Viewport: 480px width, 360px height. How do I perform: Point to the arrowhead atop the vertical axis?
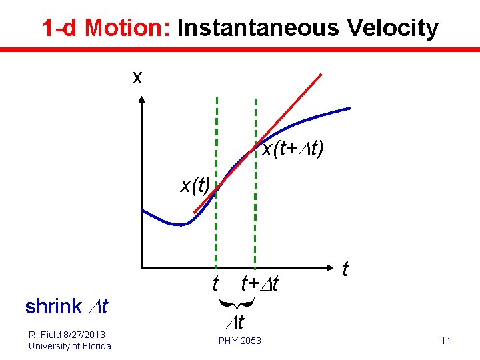click(141, 101)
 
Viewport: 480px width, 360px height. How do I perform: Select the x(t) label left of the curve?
click(195, 184)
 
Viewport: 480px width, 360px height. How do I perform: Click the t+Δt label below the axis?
click(260, 285)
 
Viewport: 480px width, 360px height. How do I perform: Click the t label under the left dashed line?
click(215, 285)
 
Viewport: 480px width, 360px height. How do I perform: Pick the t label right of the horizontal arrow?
click(345, 269)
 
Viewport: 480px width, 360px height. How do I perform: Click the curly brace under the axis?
click(235, 305)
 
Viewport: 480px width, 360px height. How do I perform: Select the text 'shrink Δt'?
click(67, 307)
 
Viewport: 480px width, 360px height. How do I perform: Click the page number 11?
click(445, 341)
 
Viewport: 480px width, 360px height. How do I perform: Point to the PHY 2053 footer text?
click(240, 341)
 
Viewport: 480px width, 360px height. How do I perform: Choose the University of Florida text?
click(70, 345)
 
